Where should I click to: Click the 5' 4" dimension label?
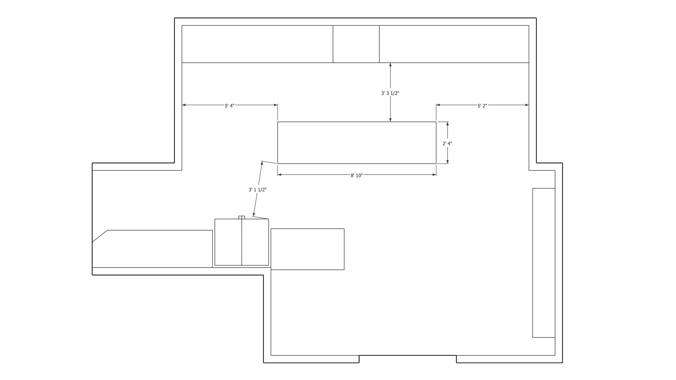(230, 106)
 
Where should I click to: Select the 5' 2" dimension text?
(482, 106)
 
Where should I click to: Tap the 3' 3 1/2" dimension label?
(390, 93)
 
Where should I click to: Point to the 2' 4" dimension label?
(447, 144)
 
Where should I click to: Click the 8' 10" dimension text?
(357, 175)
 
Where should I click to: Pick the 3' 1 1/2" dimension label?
(257, 190)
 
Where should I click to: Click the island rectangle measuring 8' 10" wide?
(357, 142)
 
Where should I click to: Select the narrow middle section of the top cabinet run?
(356, 44)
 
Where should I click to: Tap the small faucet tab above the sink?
(241, 217)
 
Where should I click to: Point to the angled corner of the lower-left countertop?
(100, 236)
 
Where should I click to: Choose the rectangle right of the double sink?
(307, 249)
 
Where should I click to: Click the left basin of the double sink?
(228, 242)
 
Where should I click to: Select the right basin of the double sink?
(255, 242)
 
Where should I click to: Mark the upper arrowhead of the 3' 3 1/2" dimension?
(390, 65)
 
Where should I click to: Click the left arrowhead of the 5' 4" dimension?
(184, 105)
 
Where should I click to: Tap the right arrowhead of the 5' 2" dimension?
(527, 105)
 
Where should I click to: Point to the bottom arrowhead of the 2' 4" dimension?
(448, 162)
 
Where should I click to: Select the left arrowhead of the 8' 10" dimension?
(280, 175)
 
